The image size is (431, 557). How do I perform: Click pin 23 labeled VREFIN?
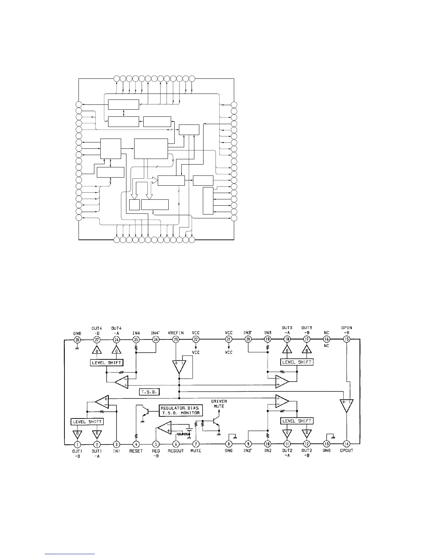tap(176, 339)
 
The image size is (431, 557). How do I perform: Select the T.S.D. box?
tap(150, 392)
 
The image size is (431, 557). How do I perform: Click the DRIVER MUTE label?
tap(219, 404)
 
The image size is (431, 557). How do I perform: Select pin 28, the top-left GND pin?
tap(77, 339)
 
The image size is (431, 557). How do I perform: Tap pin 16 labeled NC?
tap(326, 339)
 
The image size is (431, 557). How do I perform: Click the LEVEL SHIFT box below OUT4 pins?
tap(106, 363)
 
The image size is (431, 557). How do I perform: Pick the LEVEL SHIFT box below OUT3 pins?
tap(297, 362)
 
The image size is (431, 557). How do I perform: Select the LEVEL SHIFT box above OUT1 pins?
tap(87, 422)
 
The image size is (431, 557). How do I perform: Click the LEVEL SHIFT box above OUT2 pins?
tap(297, 421)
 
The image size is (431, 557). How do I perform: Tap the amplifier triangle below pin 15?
tap(346, 405)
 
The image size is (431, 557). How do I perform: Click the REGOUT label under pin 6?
tap(176, 451)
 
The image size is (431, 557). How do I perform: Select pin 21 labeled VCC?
tap(229, 339)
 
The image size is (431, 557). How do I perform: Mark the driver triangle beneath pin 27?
tap(97, 350)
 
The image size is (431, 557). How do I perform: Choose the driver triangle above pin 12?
tap(307, 433)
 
